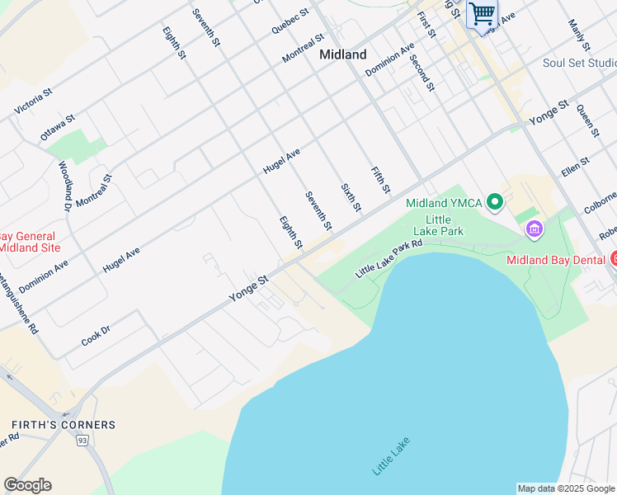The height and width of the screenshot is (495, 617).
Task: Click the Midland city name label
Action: [x=342, y=54]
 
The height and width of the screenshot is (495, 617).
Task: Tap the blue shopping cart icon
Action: [x=482, y=13]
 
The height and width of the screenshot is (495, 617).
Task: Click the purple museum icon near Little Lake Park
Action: [x=534, y=228]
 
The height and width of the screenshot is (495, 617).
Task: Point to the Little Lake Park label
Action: [x=439, y=224]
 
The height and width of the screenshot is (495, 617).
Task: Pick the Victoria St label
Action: [x=33, y=101]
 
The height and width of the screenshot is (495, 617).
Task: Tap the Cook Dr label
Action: [x=96, y=335]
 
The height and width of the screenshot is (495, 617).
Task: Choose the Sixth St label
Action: [x=351, y=197]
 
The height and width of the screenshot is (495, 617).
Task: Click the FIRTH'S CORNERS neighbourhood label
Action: [x=64, y=425]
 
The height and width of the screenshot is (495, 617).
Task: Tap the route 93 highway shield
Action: [x=82, y=441]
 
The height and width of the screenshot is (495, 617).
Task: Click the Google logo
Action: [x=27, y=485]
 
